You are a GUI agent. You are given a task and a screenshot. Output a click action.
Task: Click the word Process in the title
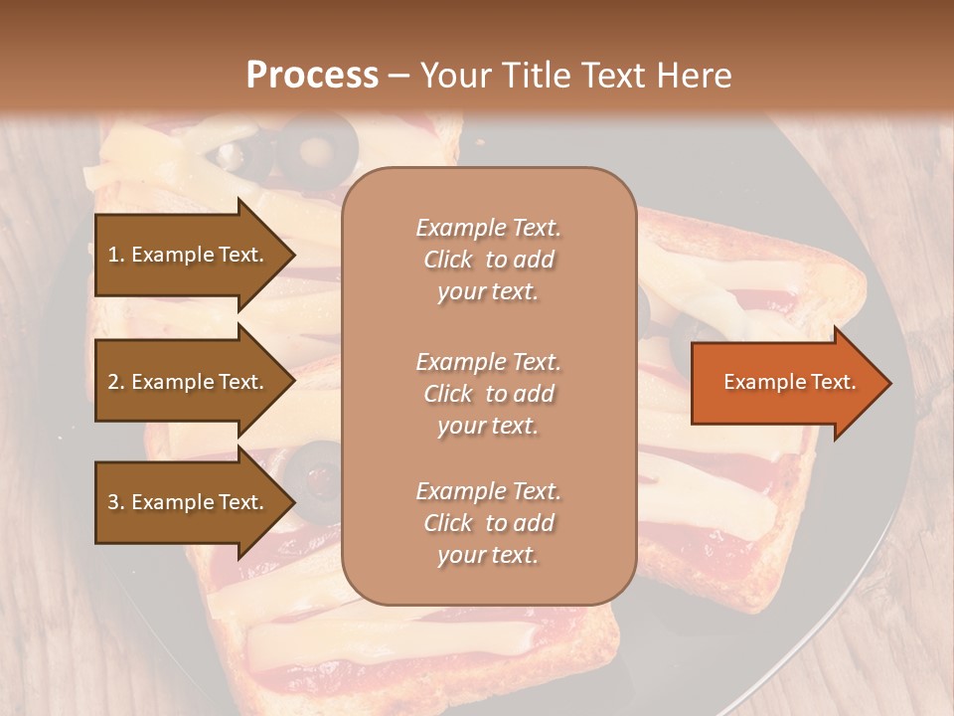tap(312, 76)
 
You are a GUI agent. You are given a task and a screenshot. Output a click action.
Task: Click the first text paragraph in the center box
tap(488, 260)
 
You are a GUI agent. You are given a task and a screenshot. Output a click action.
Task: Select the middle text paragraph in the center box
tap(488, 394)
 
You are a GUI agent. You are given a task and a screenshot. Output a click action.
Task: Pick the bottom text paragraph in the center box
tap(488, 523)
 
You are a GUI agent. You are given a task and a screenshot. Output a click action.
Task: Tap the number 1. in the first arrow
tap(116, 255)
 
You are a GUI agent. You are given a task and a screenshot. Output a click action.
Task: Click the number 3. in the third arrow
tap(116, 502)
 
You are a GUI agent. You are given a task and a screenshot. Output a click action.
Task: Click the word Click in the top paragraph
tap(448, 260)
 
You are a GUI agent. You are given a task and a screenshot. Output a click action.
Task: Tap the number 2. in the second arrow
tap(116, 382)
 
